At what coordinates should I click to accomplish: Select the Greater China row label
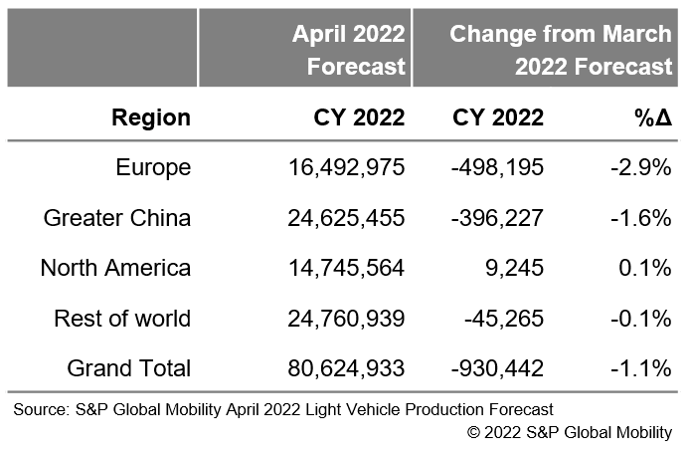(x=117, y=216)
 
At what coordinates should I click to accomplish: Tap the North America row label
(x=115, y=267)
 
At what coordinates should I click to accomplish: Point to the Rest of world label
(x=124, y=318)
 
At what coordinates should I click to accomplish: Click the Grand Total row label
(x=128, y=368)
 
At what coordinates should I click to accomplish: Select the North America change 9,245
(x=512, y=267)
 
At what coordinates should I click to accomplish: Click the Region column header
(x=151, y=117)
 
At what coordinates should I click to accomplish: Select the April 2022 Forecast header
(x=349, y=50)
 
